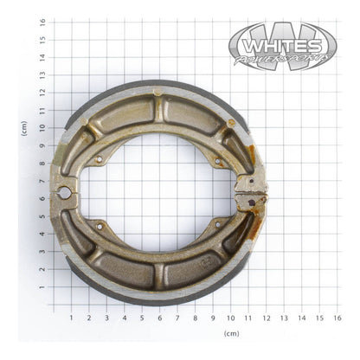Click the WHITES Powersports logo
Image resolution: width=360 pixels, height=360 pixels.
(x=282, y=46)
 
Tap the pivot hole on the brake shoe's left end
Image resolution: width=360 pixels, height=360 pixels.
(x=63, y=192)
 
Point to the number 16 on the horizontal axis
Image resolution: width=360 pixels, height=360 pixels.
(x=336, y=317)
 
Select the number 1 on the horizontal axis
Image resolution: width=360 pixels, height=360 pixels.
(x=70, y=317)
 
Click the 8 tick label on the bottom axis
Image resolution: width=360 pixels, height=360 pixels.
(x=195, y=317)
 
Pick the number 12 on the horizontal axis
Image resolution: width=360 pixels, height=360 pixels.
(x=265, y=317)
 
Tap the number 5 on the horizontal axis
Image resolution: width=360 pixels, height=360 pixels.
(x=141, y=317)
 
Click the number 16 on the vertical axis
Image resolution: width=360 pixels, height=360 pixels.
(x=42, y=23)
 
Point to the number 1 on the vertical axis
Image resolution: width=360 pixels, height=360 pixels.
(x=42, y=288)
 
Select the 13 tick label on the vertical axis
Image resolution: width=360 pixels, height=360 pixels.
(x=42, y=76)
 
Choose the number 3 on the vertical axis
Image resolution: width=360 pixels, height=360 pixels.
(x=42, y=253)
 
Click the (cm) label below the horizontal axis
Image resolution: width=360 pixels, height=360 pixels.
(x=231, y=333)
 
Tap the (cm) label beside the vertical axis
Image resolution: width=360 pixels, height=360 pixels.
(x=25, y=128)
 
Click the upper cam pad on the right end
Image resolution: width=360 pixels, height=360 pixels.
(x=250, y=184)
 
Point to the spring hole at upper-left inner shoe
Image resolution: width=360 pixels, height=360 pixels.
(x=100, y=159)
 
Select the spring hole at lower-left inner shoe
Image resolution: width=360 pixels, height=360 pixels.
(x=100, y=227)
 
